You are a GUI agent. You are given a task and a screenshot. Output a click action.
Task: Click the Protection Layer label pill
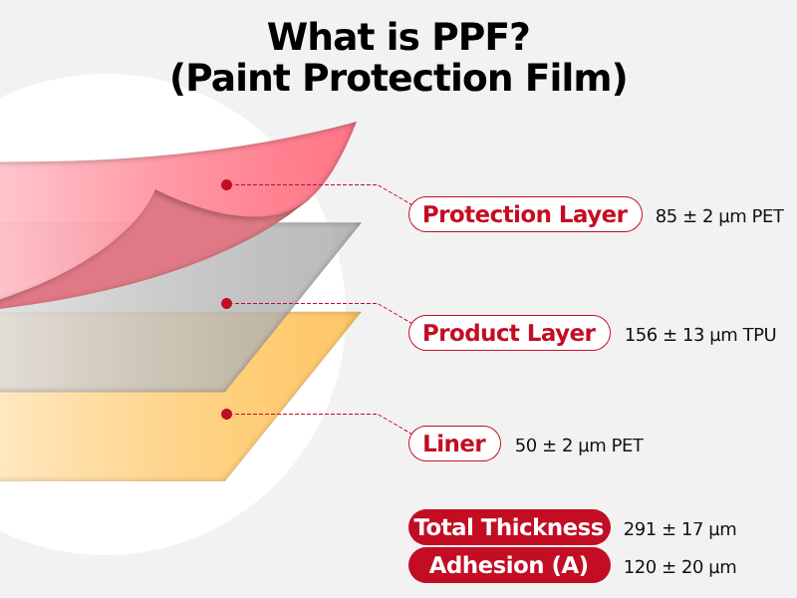(x=525, y=214)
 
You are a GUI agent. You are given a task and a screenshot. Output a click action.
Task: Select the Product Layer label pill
(x=509, y=333)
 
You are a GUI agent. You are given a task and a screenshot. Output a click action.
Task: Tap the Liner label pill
(x=454, y=444)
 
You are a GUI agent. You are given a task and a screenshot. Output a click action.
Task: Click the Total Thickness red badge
(x=509, y=527)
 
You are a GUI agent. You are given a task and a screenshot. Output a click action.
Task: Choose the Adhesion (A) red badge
(x=509, y=565)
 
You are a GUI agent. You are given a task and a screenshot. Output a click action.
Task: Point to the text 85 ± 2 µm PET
(x=719, y=216)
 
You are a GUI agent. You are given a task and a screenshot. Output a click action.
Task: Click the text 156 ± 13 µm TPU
(x=700, y=335)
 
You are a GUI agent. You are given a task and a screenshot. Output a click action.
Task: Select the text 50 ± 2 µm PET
(x=579, y=446)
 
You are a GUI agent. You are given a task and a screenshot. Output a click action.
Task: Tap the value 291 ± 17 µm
(x=679, y=529)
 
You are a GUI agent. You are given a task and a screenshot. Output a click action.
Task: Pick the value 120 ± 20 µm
(x=679, y=567)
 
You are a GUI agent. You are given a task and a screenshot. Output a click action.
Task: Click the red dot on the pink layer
(x=227, y=185)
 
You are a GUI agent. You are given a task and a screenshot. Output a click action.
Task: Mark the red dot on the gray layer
(x=227, y=304)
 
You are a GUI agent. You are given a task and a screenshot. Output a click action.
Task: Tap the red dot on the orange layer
(x=227, y=414)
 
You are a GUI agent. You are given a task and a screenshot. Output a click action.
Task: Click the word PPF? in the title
(x=481, y=37)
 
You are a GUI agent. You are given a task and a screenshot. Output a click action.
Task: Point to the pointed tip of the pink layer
(x=356, y=123)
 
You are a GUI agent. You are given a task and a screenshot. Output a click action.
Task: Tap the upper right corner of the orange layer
(x=361, y=312)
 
